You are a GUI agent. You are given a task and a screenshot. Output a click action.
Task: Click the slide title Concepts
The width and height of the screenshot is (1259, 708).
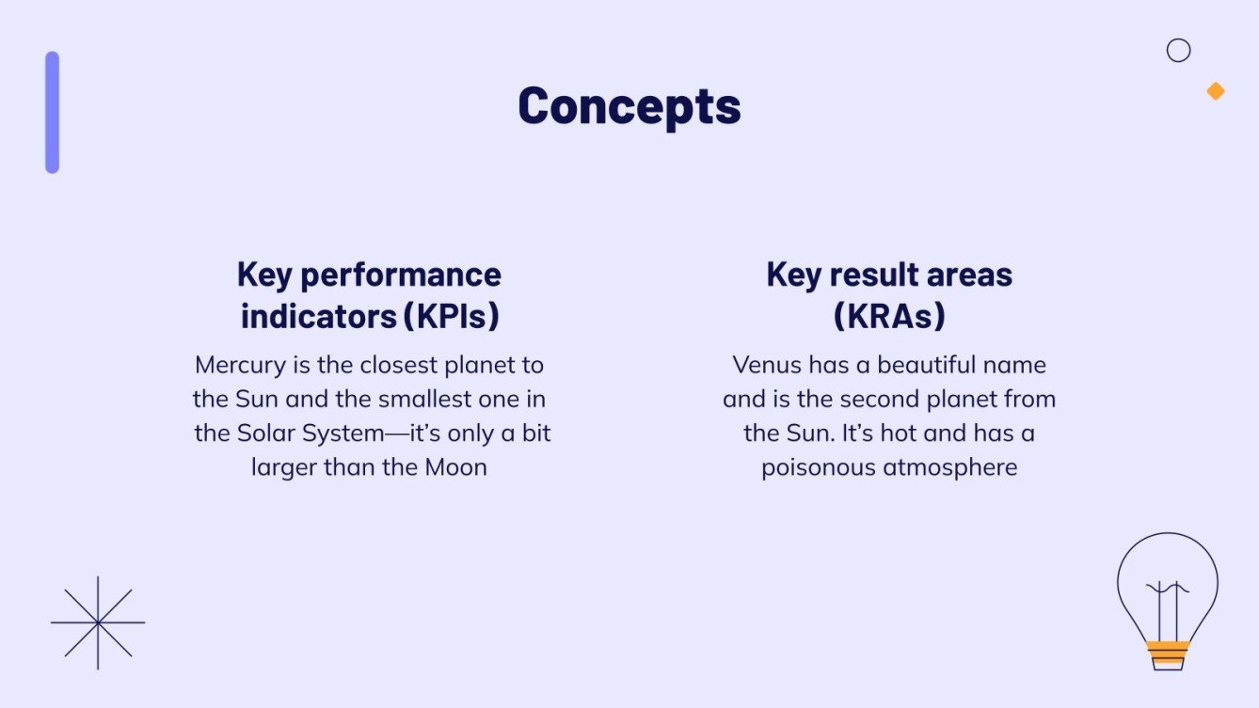pyautogui.click(x=629, y=105)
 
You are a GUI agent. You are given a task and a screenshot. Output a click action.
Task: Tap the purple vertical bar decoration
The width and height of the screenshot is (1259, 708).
pyautogui.click(x=52, y=113)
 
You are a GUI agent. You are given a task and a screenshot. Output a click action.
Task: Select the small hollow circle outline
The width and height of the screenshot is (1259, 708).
pyautogui.click(x=1178, y=51)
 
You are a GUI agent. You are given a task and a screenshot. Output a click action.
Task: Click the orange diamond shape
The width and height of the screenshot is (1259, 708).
pyautogui.click(x=1216, y=91)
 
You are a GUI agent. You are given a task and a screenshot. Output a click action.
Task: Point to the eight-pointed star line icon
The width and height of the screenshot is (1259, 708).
pyautogui.click(x=98, y=622)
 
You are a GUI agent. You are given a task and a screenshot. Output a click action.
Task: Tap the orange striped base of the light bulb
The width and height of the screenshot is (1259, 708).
pyautogui.click(x=1167, y=652)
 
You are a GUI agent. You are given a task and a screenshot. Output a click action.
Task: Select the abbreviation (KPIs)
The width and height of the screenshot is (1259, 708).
pyautogui.click(x=451, y=317)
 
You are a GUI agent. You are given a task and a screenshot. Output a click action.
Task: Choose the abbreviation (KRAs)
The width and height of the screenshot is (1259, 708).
pyautogui.click(x=889, y=317)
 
